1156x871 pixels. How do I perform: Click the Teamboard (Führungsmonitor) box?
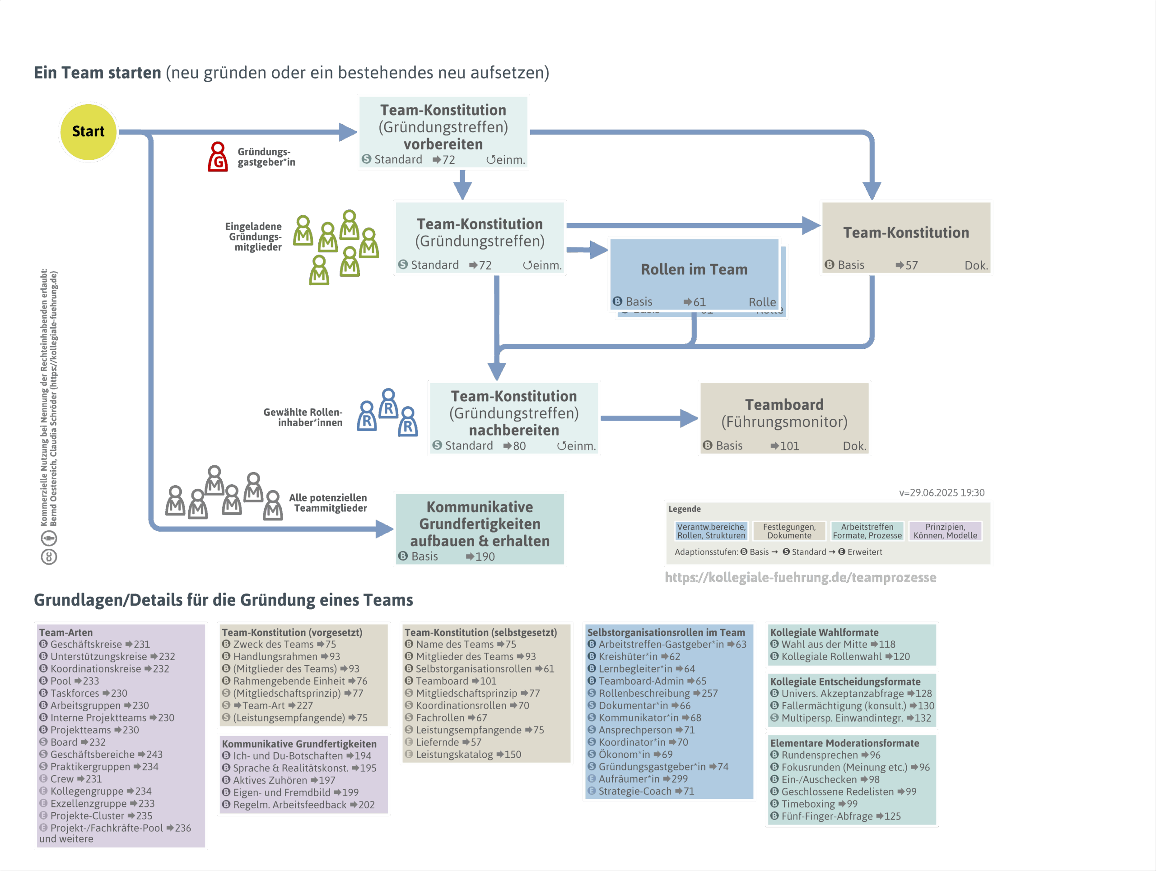click(x=784, y=418)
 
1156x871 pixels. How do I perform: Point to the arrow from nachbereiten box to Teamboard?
click(x=648, y=418)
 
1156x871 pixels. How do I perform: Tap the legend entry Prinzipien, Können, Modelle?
click(x=945, y=531)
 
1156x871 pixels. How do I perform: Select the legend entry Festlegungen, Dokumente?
click(x=789, y=531)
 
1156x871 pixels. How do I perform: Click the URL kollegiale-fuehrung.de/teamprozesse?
click(x=800, y=577)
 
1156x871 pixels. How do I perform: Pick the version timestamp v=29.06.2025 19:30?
click(x=941, y=492)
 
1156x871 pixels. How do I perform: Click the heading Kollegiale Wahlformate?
click(x=824, y=632)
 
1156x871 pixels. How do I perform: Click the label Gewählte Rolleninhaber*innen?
click(x=303, y=417)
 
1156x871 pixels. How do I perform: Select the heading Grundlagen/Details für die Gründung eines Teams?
click(x=223, y=600)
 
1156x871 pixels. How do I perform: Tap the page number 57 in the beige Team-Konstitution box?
click(x=911, y=265)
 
